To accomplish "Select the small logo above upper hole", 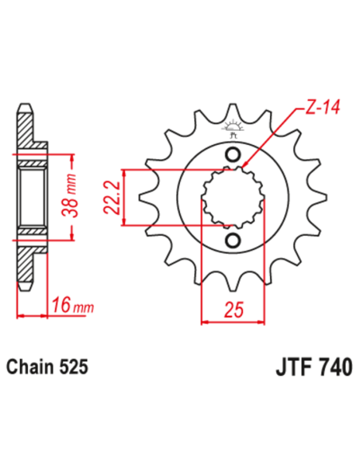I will (234, 127).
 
